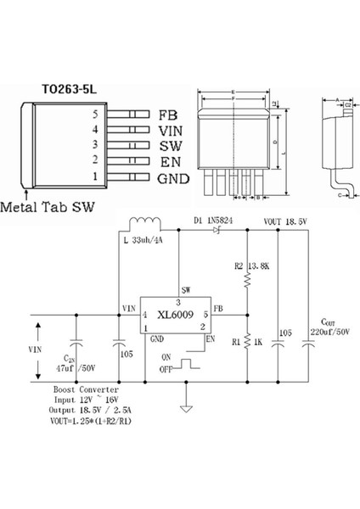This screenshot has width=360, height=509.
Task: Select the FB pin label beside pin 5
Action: pos(168,114)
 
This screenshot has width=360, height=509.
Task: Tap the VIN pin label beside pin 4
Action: pos(172,130)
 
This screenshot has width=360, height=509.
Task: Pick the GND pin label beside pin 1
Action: pos(173,178)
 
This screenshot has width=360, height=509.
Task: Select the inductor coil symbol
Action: pos(147,227)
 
